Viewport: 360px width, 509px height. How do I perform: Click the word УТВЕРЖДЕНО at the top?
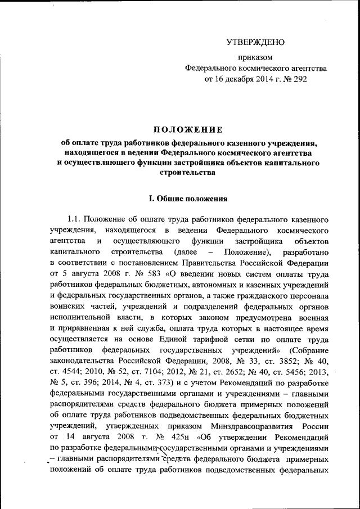(255, 42)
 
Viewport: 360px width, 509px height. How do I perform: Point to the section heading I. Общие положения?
(187, 198)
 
